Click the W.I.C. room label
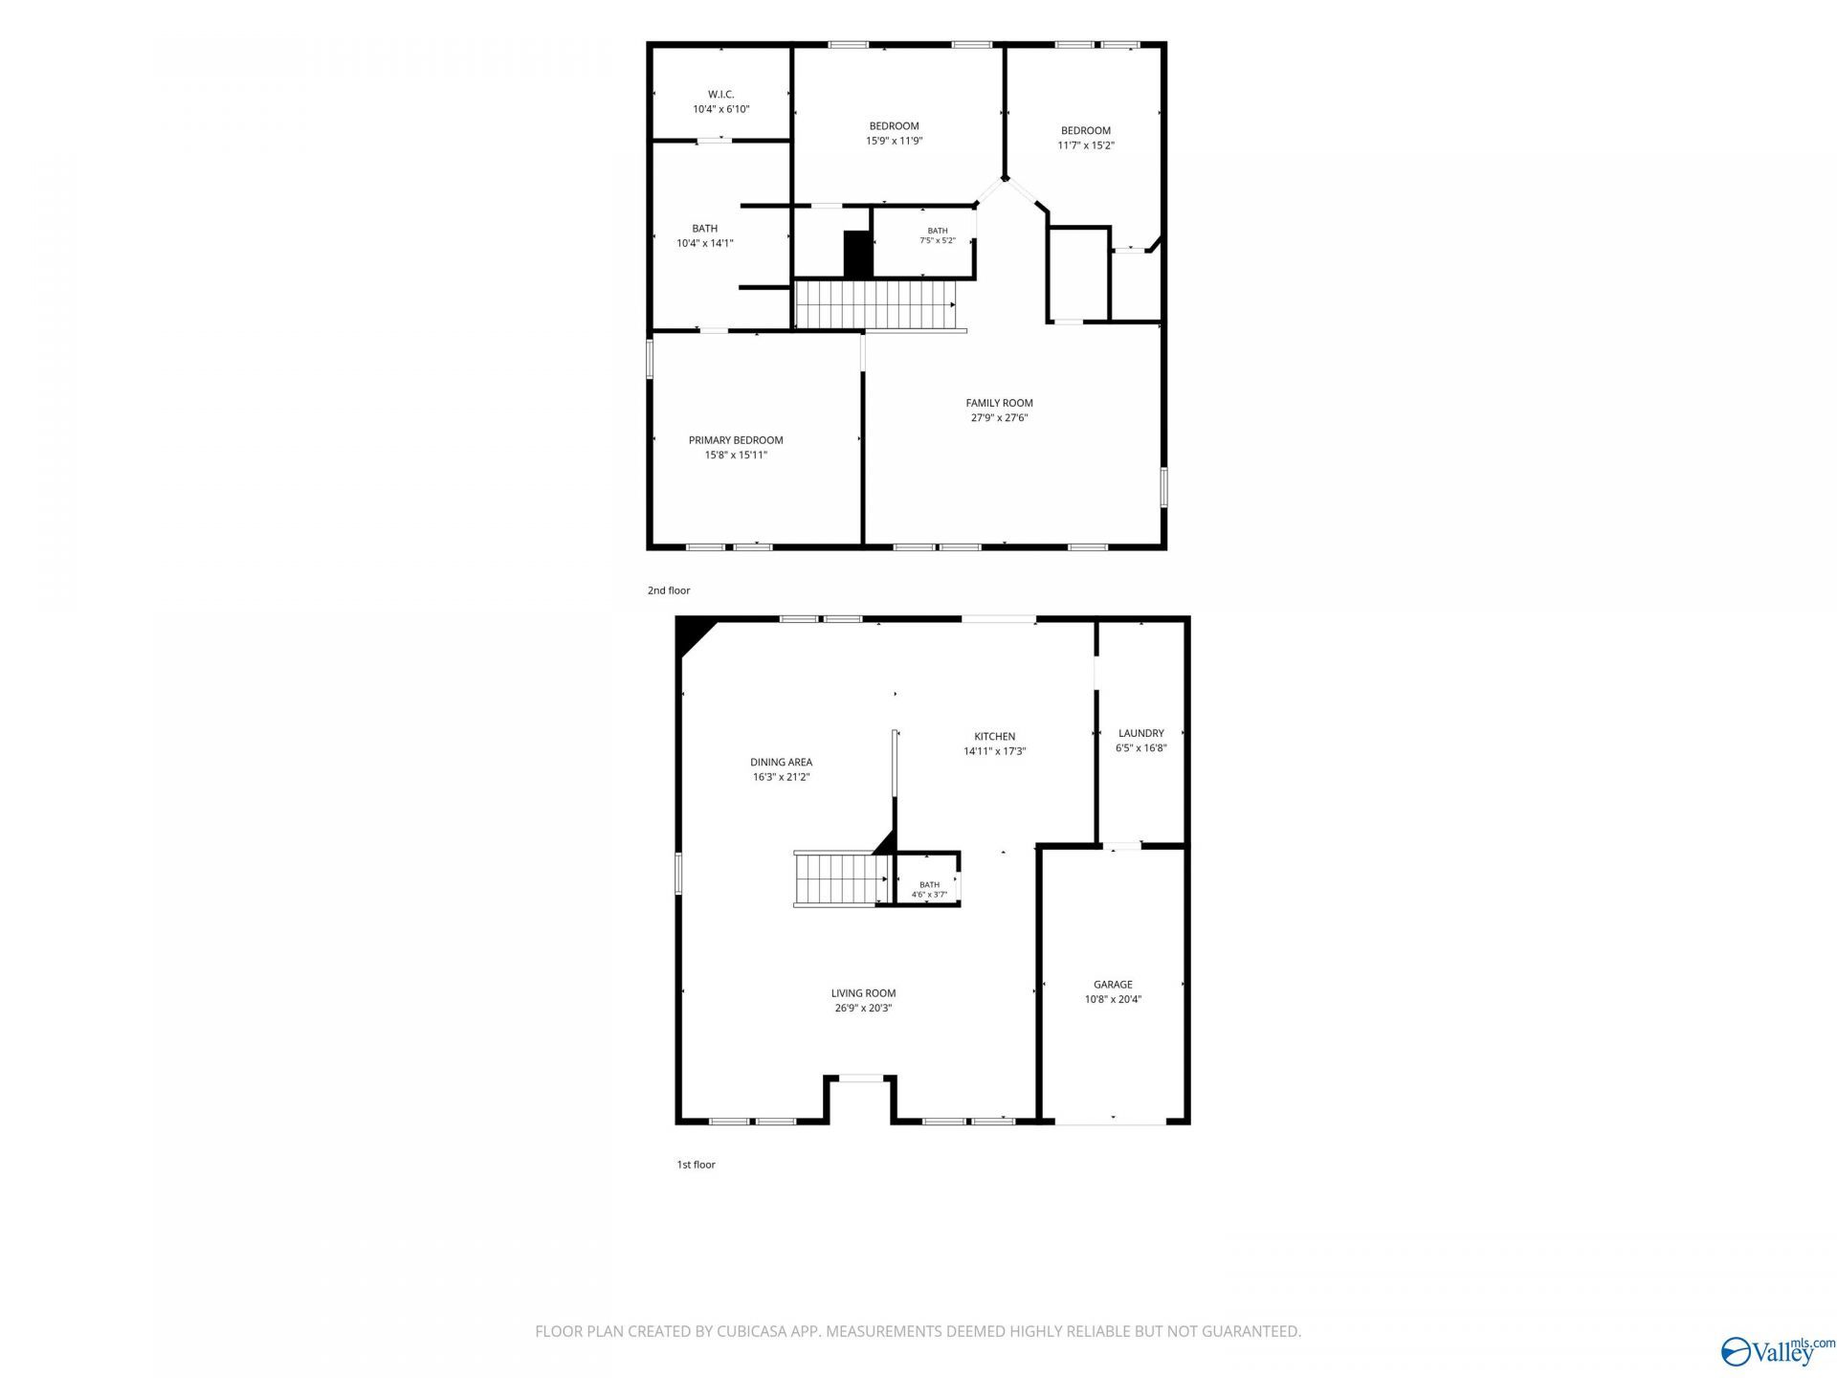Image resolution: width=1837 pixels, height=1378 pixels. (720, 94)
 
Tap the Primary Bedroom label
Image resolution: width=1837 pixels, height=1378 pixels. (736, 440)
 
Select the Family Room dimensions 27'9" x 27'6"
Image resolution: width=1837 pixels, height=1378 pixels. (999, 418)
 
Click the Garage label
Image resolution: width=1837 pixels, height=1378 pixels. (1113, 985)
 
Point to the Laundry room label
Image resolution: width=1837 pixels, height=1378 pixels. (1140, 734)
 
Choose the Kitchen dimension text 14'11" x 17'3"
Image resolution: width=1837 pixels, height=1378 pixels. (994, 752)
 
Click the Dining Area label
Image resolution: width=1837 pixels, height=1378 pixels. (781, 763)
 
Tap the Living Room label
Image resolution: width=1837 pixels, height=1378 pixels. (863, 993)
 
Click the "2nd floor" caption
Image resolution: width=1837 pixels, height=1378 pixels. (669, 590)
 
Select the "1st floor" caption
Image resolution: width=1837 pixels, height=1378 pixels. (697, 1165)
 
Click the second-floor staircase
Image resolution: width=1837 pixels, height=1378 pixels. (875, 304)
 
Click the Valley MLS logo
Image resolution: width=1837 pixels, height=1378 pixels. (1778, 1350)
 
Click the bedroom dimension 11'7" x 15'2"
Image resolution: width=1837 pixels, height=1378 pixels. (1086, 145)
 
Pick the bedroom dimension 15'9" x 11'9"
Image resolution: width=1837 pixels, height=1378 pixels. (894, 141)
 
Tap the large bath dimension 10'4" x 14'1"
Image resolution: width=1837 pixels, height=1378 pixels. (705, 243)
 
